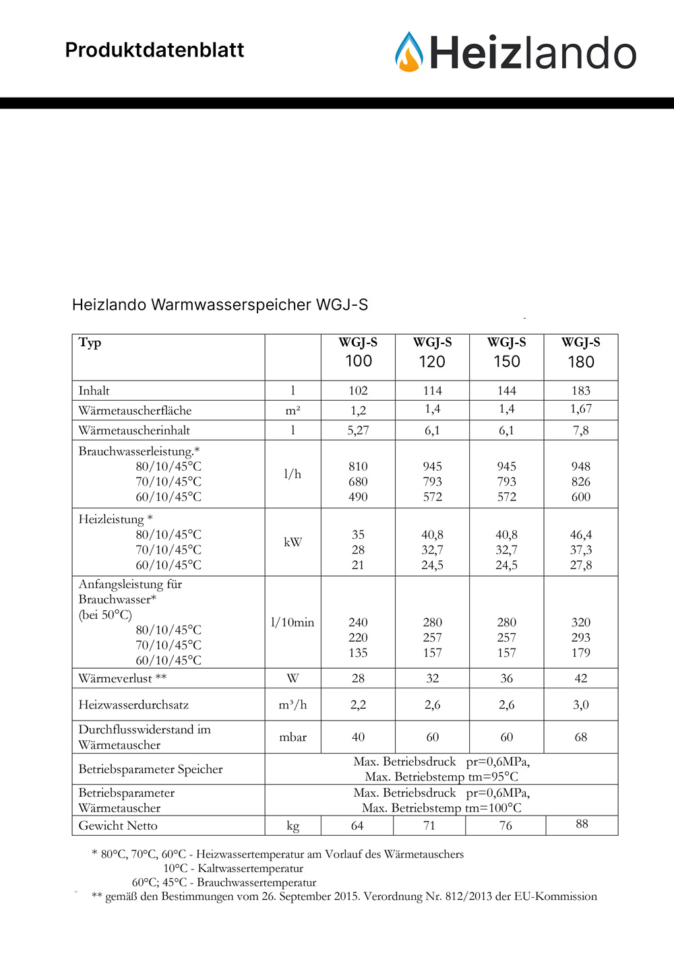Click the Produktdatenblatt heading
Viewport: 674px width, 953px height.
point(154,50)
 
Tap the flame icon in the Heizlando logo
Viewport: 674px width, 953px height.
point(409,53)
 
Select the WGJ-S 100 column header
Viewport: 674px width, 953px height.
point(358,352)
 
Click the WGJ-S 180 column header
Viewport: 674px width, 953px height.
point(580,352)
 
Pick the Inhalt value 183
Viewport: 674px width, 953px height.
point(580,391)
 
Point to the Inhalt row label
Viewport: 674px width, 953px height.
point(94,391)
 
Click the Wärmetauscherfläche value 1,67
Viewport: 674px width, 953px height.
point(580,409)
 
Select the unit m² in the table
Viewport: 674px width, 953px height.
point(293,410)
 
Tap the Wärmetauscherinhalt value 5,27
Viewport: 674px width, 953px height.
point(358,430)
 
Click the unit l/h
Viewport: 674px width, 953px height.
point(293,474)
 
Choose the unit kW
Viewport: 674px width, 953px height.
point(293,542)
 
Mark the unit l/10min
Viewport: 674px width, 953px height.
point(293,622)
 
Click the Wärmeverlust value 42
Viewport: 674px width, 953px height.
point(580,678)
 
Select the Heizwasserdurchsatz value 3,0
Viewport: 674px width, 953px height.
point(580,704)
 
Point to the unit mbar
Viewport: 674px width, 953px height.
point(293,737)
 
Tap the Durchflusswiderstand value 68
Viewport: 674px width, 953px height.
point(580,737)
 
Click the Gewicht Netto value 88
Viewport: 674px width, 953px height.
point(582,824)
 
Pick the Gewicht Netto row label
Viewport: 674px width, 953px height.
point(118,826)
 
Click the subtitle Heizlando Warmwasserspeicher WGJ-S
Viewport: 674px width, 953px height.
point(220,304)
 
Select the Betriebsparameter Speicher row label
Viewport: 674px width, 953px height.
point(150,769)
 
